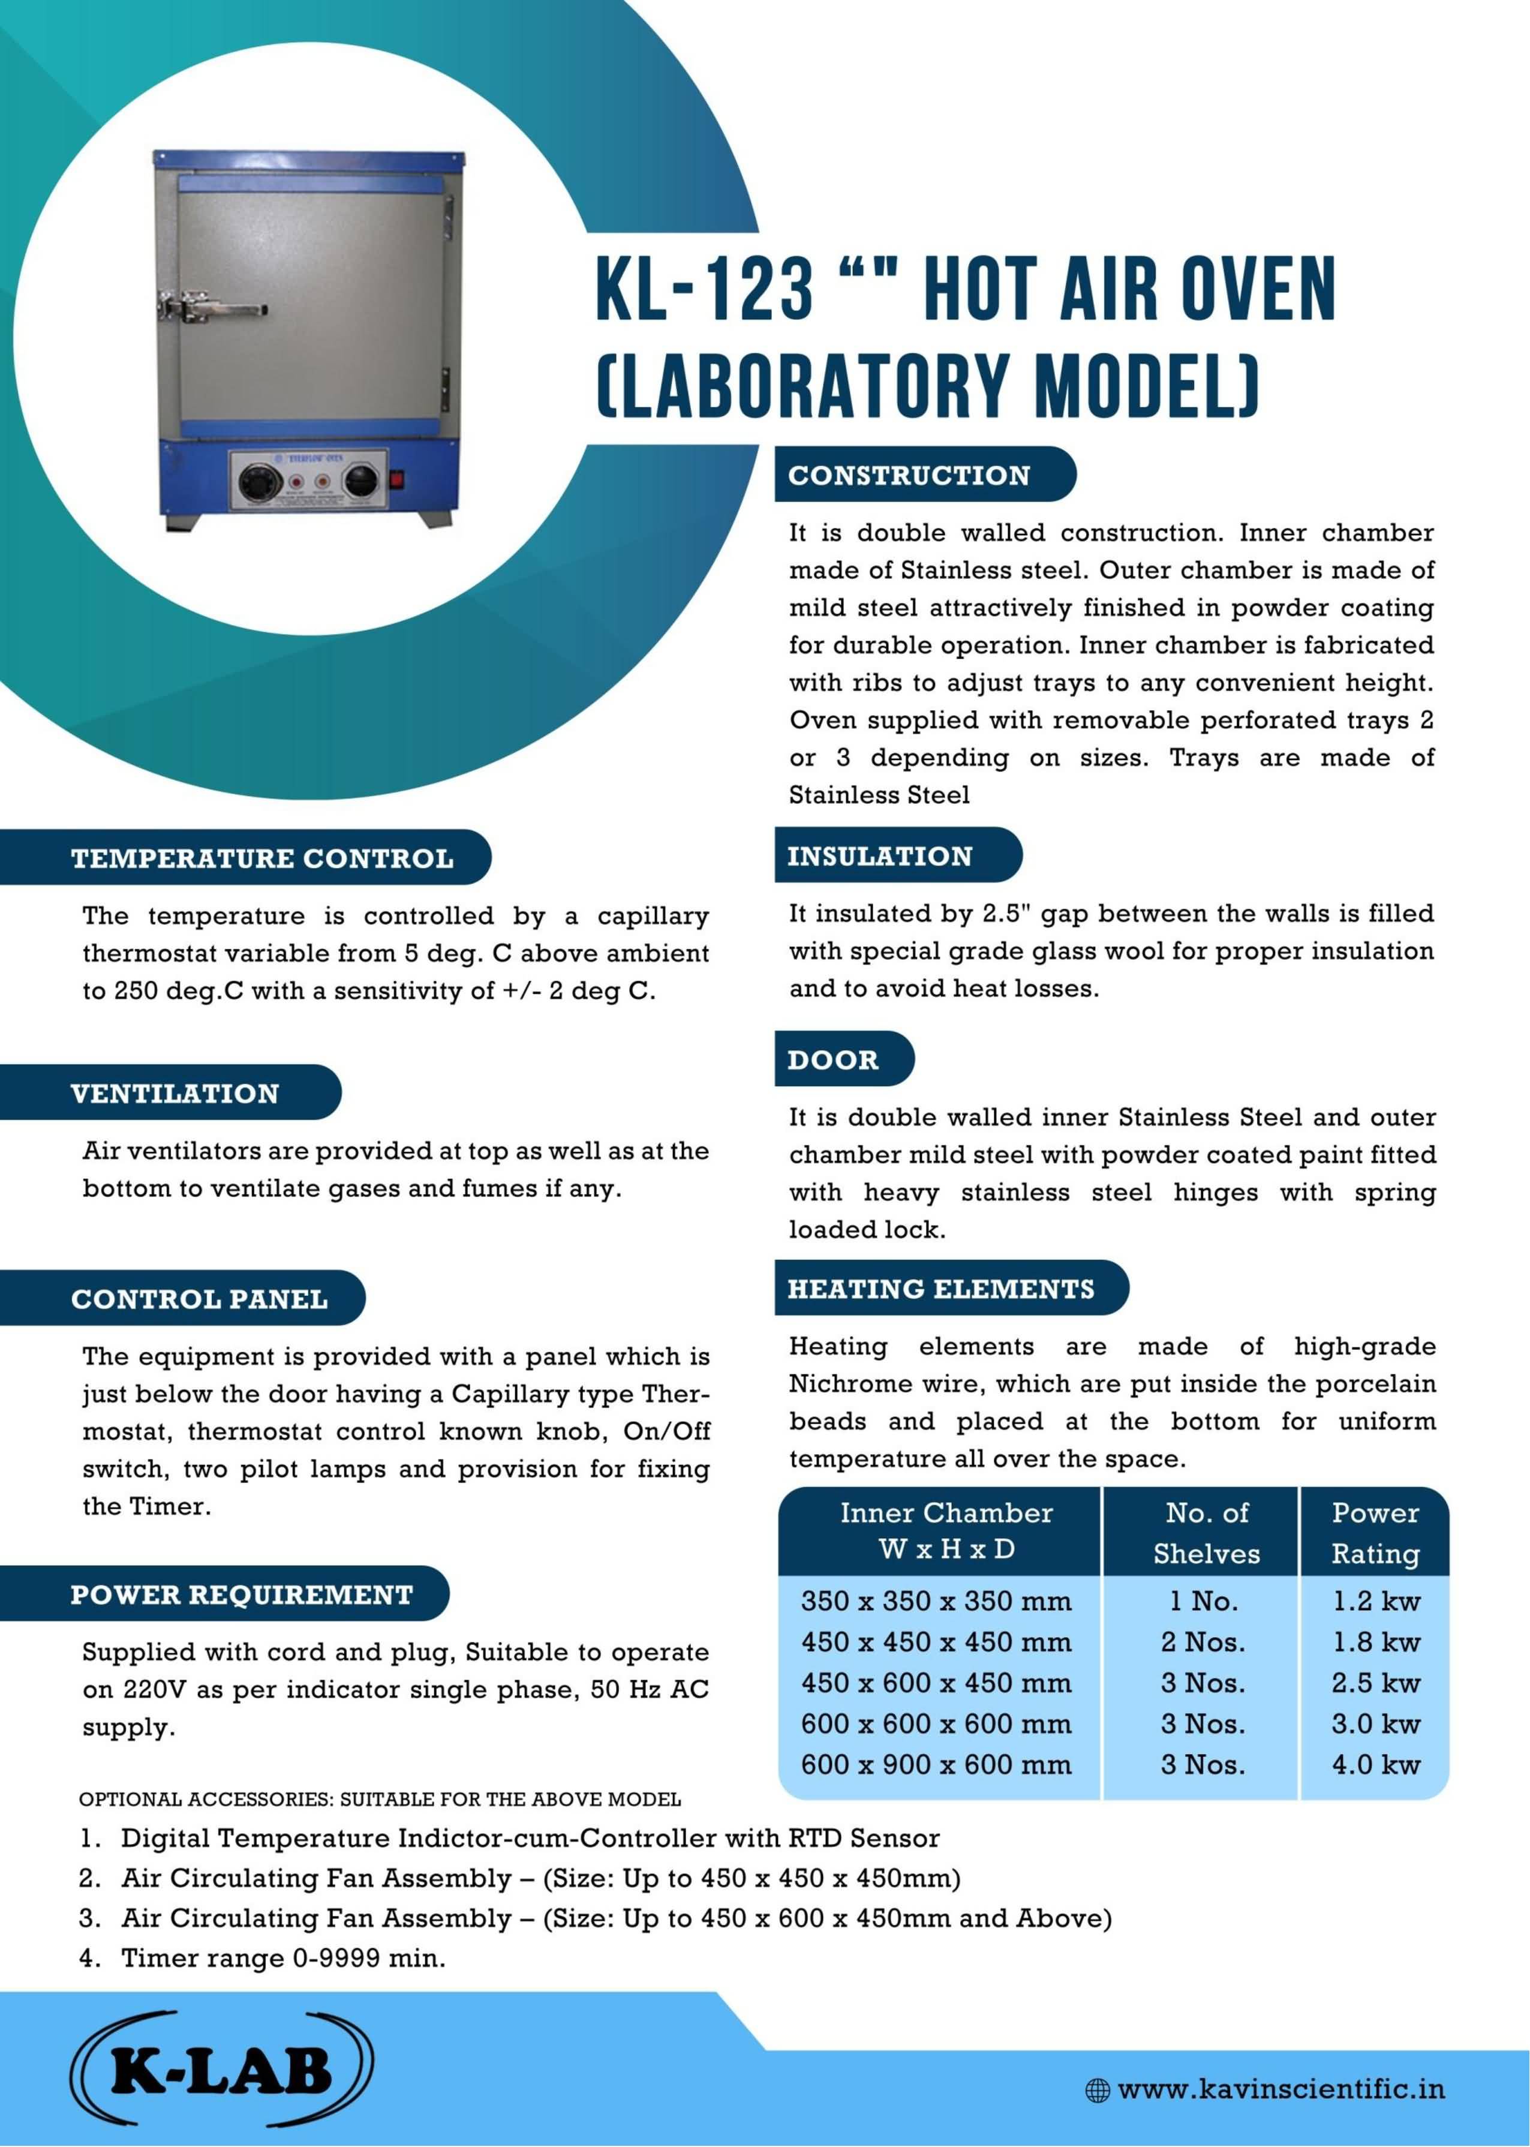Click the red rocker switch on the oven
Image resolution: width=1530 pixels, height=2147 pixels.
396,479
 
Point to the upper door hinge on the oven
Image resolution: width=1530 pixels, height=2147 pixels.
449,218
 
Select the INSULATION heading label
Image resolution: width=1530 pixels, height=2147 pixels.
879,857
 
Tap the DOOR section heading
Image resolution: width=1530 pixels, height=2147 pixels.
833,1060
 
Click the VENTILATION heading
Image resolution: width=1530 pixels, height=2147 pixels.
175,1094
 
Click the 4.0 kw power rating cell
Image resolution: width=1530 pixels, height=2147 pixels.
1375,1764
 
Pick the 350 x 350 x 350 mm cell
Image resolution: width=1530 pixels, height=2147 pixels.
936,1602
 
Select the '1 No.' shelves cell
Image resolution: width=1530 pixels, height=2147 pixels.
1203,1602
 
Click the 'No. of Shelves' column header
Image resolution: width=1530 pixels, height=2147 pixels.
1206,1533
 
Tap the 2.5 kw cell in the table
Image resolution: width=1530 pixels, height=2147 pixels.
1375,1683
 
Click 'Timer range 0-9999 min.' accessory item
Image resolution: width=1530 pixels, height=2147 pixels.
282,1957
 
